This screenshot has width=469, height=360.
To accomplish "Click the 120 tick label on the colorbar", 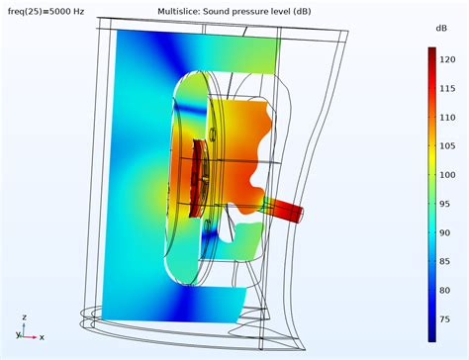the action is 447,59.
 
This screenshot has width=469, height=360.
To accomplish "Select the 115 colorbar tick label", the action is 447,88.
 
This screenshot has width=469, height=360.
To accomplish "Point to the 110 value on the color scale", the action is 447,118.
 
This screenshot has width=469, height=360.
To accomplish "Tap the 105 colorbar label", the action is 447,145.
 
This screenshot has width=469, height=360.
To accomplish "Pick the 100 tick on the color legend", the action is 447,175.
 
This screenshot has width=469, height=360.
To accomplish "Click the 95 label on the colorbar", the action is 444,204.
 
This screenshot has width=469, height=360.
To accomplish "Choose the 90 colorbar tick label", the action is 444,232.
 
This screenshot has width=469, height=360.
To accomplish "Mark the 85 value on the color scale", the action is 444,261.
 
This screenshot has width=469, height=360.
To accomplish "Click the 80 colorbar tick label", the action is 444,291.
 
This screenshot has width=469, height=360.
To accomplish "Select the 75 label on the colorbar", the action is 444,319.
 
